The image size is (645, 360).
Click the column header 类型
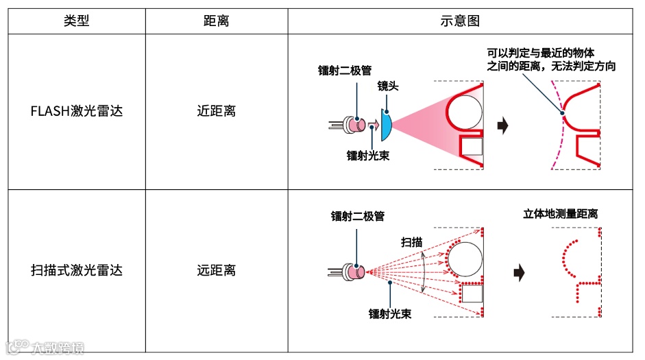coord(77,21)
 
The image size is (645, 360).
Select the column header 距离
coord(216,21)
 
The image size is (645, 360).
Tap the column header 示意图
coord(459,21)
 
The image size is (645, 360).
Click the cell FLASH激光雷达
coord(77,110)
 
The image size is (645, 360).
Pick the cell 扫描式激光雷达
coord(77,270)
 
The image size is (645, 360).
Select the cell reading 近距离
coord(216,110)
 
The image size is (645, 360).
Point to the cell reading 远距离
coord(216,270)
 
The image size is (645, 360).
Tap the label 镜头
coord(388,87)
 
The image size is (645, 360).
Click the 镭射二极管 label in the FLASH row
coord(345,70)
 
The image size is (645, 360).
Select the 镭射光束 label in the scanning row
coord(390,313)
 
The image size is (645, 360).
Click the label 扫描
coord(411,242)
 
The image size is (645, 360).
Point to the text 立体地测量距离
coord(560,214)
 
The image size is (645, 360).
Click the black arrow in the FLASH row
coord(502,126)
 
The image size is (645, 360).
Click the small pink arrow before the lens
coord(374,125)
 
